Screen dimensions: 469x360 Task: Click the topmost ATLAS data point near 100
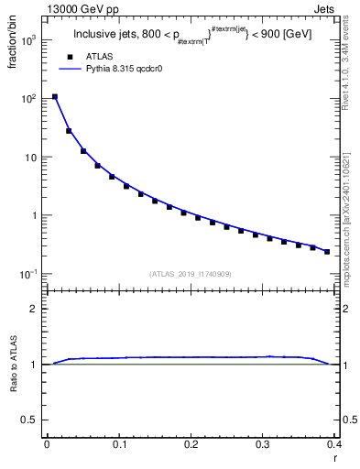point(54,96)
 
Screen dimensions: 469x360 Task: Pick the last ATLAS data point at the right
point(327,251)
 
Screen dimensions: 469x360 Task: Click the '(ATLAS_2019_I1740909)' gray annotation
point(191,273)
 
